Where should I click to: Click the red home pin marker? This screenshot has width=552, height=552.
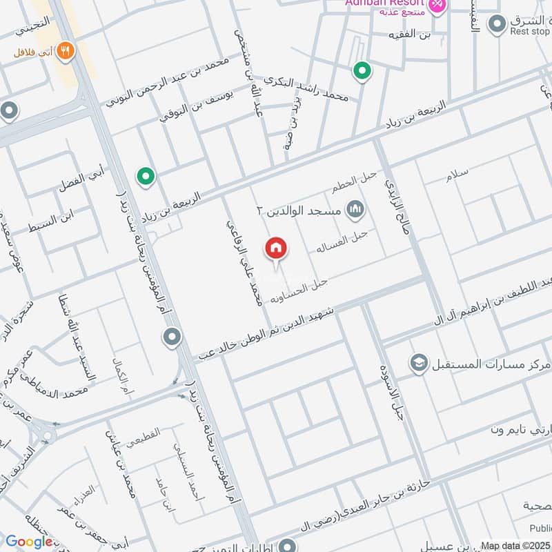276,248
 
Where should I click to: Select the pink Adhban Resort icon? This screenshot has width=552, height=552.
437,6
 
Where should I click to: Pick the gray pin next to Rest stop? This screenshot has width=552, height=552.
496,26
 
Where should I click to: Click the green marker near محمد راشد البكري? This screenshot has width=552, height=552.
360,70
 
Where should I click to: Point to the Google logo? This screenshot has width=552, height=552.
29,542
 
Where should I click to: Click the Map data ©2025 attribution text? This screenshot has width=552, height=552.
515,546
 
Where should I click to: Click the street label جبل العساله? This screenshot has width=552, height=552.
342,240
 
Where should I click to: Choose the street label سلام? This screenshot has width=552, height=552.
457,175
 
